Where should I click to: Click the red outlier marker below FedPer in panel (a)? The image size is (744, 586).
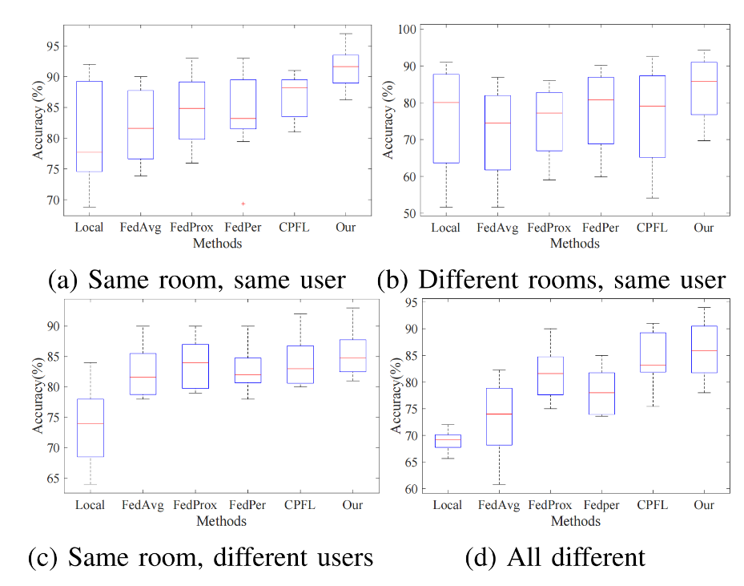[x=243, y=204]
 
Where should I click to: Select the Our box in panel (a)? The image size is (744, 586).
[x=345, y=69]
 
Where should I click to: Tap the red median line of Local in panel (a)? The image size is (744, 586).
[x=88, y=152]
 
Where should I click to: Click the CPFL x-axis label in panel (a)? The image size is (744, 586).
[x=295, y=228]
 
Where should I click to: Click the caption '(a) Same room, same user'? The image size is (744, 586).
[x=197, y=280]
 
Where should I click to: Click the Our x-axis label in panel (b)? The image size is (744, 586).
[x=703, y=228]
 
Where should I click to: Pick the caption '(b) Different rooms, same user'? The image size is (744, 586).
[x=552, y=280]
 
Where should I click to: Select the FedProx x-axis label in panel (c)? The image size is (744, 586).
[x=192, y=505]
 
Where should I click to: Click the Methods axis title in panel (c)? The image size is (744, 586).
[x=222, y=521]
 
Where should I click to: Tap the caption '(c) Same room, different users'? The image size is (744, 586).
[x=200, y=558]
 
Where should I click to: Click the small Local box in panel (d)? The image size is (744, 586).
[x=447, y=441]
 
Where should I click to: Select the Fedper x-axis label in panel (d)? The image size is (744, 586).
[x=601, y=505]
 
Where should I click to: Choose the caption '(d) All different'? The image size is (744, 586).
[x=554, y=558]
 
